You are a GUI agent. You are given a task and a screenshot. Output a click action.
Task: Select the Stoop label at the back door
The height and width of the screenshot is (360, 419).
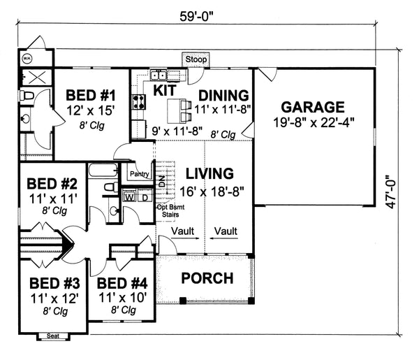[x=196, y=60]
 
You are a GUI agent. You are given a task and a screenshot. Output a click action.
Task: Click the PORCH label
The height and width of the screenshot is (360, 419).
[x=207, y=278]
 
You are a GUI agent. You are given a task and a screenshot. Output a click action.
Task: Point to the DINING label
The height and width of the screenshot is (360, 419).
[x=224, y=95]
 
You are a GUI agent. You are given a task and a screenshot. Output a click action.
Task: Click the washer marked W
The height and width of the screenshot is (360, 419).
[x=129, y=197]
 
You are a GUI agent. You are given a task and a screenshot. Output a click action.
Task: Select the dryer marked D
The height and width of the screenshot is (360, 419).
[x=144, y=197]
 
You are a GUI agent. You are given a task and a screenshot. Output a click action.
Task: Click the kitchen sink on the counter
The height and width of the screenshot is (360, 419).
[x=158, y=75]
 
